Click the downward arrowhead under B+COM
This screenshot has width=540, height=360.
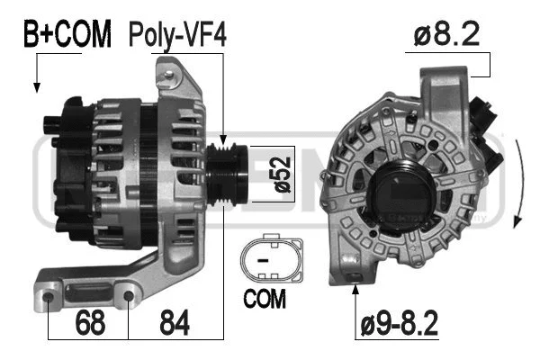pyautogui.click(x=37, y=87)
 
